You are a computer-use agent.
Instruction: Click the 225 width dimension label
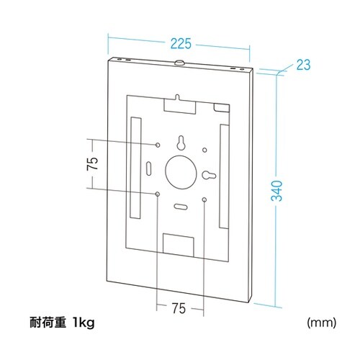[179, 42]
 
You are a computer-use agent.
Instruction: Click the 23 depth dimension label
[302, 66]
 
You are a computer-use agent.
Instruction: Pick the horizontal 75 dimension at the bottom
[180, 308]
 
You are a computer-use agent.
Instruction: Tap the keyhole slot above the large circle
[181, 142]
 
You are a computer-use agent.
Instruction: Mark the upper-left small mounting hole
[158, 145]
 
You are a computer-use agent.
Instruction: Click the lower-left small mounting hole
[158, 194]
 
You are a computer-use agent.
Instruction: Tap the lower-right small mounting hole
[205, 198]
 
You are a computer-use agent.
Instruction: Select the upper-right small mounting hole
[205, 150]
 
